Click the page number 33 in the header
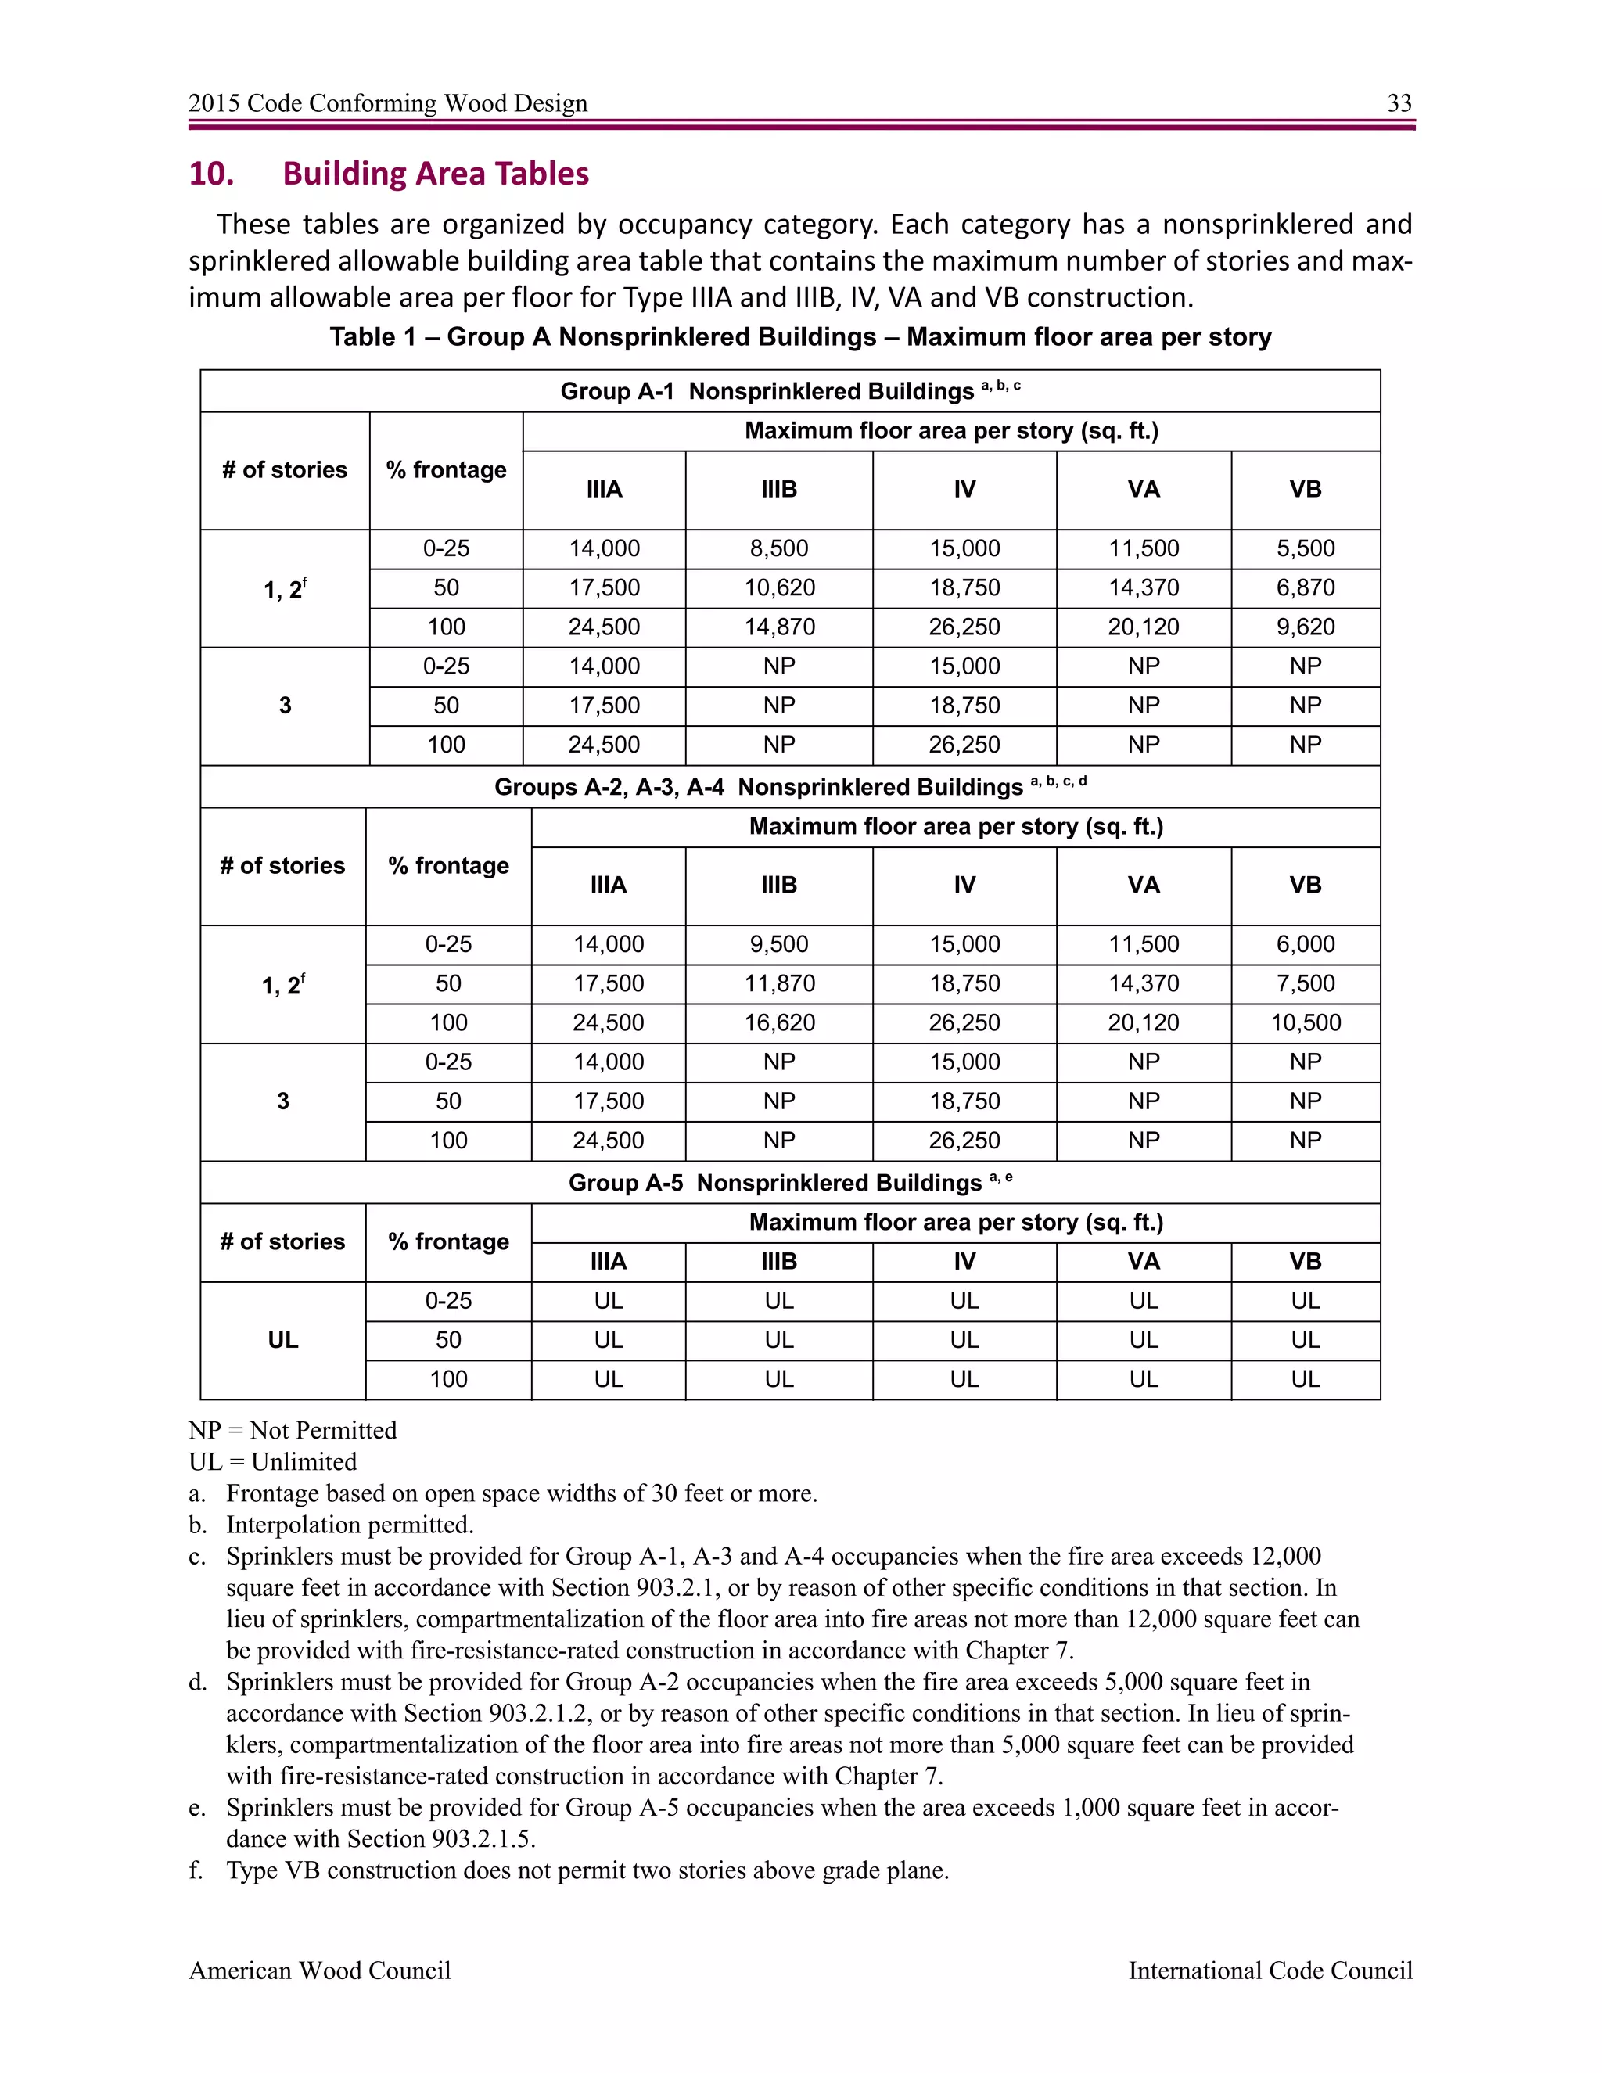(x=1399, y=102)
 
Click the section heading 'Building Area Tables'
(x=435, y=174)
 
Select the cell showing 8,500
(x=778, y=548)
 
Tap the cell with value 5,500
(x=1305, y=548)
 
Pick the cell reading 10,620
(x=778, y=587)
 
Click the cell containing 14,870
(x=778, y=627)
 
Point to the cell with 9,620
(x=1305, y=627)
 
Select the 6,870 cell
(x=1305, y=587)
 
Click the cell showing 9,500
(x=778, y=944)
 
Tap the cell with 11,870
(x=778, y=983)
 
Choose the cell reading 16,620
(x=778, y=1023)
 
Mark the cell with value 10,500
(x=1305, y=1023)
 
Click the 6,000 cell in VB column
(x=1305, y=944)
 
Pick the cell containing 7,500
(x=1305, y=983)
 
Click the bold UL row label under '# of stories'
(x=283, y=1340)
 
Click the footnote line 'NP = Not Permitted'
(x=293, y=1431)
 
